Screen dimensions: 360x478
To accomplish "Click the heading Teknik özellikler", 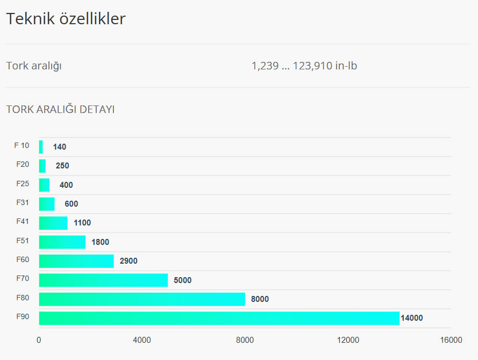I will (66, 19).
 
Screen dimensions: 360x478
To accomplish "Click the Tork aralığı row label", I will (34, 66).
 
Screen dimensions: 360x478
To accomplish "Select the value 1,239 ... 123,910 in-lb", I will (304, 66).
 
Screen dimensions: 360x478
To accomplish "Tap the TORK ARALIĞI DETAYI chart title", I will (60, 110).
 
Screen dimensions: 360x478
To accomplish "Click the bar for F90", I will (219, 318).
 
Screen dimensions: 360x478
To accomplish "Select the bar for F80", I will (142, 299).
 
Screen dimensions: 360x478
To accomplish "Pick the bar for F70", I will (103, 280).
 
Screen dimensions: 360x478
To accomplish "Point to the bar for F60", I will (76, 261).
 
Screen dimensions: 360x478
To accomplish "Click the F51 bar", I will (62, 242).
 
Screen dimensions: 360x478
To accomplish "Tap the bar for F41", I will (53, 223).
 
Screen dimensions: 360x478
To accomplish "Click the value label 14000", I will (412, 318).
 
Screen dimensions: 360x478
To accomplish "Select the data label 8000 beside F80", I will (260, 299).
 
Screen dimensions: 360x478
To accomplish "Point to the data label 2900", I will (129, 261).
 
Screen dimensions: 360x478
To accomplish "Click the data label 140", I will (60, 147).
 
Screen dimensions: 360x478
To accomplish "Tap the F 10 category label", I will (22, 145).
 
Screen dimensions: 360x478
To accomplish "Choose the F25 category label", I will (23, 183).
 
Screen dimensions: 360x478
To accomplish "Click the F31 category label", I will (23, 202).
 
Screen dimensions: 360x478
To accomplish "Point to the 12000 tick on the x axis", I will (348, 340).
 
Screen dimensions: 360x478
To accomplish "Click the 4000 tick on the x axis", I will (142, 340).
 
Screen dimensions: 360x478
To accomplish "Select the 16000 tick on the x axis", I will (451, 340).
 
